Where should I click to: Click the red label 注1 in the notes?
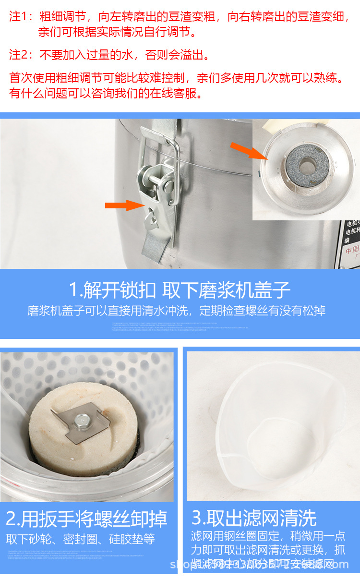click(19, 17)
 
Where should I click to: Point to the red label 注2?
click(19, 55)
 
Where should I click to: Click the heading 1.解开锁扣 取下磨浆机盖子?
click(180, 290)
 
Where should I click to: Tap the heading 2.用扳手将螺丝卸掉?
click(87, 519)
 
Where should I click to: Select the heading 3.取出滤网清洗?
click(254, 518)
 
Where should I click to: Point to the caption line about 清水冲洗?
click(176, 311)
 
